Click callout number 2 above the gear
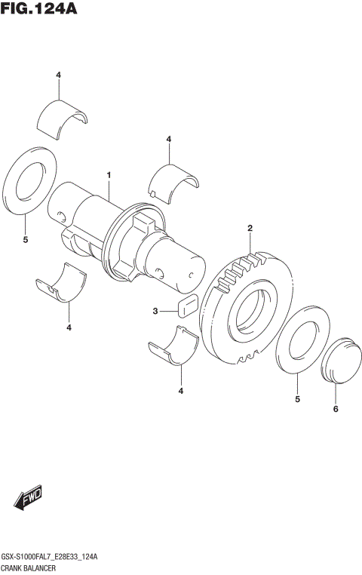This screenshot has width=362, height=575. click(x=250, y=228)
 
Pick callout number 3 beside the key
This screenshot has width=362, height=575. click(x=155, y=311)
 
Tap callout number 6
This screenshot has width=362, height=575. click(x=336, y=409)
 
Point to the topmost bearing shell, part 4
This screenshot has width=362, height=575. click(x=62, y=113)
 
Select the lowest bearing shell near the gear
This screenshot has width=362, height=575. click(x=172, y=346)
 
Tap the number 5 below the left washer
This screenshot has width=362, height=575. click(x=25, y=240)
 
